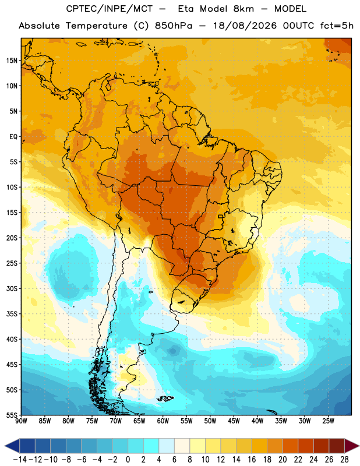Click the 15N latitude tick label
tap(12, 61)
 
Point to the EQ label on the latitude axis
tap(13, 137)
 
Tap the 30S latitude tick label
tap(12, 288)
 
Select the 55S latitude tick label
tap(12, 415)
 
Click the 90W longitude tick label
tap(21, 421)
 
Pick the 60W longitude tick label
tap(163, 421)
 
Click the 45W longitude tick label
tap(234, 421)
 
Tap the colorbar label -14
tap(20, 460)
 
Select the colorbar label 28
tap(344, 460)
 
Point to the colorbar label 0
tap(128, 460)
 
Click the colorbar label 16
tap(252, 460)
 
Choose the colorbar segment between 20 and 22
tap(290, 446)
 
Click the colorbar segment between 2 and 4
tap(151, 446)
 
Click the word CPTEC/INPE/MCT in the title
tap(109, 9)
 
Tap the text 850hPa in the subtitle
tap(174, 26)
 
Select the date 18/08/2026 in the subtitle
tap(245, 26)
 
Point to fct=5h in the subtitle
tap(337, 26)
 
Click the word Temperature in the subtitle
tap(97, 26)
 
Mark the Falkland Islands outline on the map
tap(165, 398)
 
